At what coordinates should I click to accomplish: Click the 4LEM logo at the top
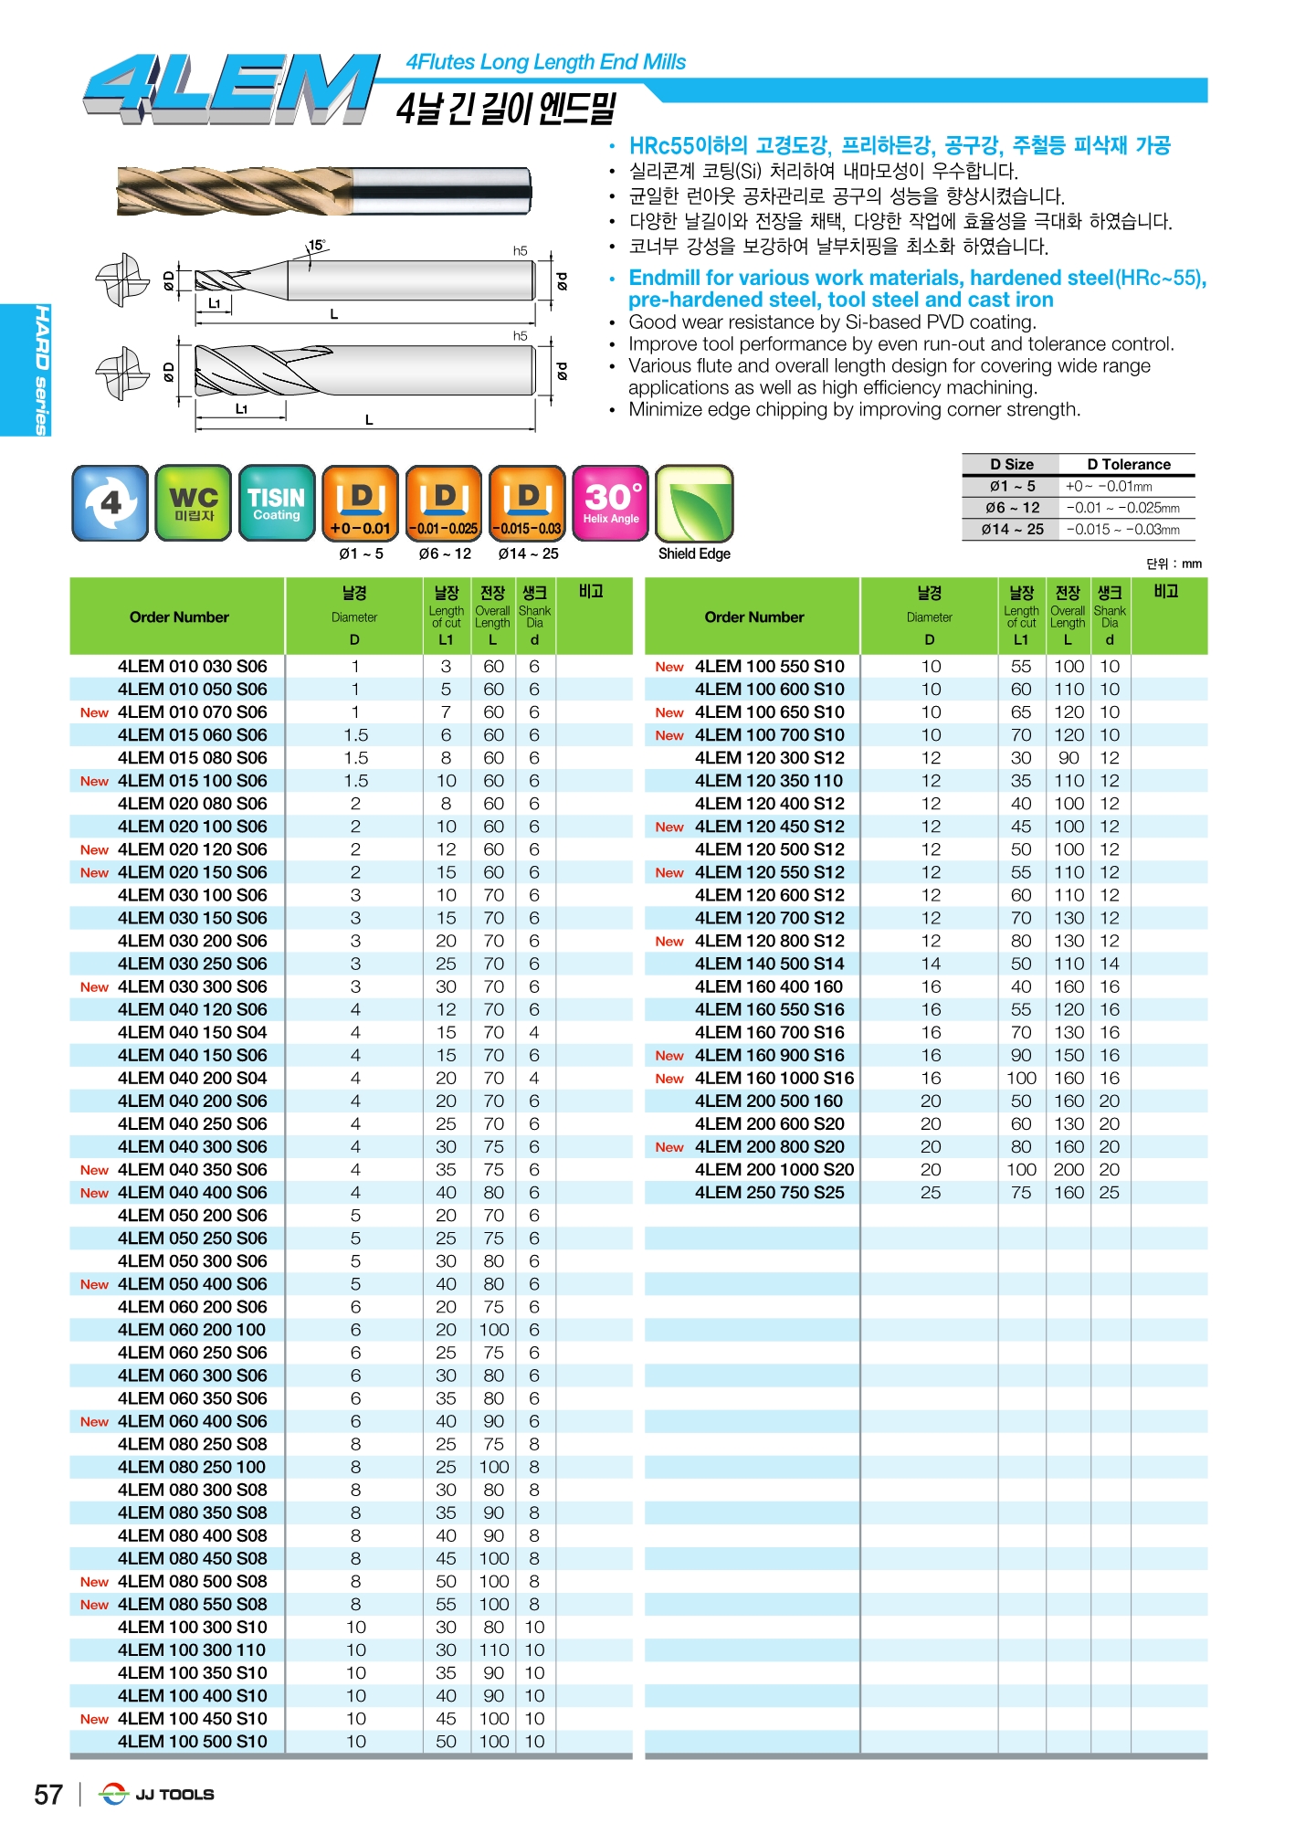click(230, 88)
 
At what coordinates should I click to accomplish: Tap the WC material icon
click(193, 502)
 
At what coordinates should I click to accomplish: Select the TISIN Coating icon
click(276, 502)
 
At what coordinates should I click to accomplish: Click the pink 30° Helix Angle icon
click(611, 502)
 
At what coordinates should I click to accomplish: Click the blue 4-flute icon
click(110, 502)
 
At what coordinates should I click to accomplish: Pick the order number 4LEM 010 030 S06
click(192, 667)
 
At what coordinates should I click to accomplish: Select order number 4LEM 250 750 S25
click(769, 1193)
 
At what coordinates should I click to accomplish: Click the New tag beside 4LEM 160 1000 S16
click(669, 1079)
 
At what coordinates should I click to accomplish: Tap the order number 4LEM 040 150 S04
click(192, 1033)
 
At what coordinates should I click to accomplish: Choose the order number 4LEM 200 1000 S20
click(774, 1170)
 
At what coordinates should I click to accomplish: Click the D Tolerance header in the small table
click(1128, 464)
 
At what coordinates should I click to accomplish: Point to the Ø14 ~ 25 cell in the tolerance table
click(1012, 530)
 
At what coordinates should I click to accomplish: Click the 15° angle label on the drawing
click(316, 246)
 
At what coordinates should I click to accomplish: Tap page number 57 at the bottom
click(48, 1795)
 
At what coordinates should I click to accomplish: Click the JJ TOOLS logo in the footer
click(157, 1795)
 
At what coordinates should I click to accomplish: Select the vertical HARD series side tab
click(41, 370)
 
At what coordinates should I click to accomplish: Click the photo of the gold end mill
click(324, 192)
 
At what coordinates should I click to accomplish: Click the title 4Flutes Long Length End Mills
click(545, 62)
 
